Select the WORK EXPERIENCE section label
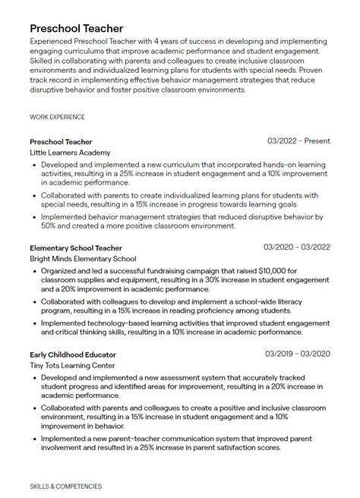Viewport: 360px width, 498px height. pos(57,118)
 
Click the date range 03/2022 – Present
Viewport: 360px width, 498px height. pos(299,141)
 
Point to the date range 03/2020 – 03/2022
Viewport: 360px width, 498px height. pos(297,247)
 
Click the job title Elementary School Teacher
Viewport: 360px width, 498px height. pos(75,247)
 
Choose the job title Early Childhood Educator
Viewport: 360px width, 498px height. pos(72,354)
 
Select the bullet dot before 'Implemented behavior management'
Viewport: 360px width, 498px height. pos(34,216)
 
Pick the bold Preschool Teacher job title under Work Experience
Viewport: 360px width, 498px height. pos(61,141)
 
